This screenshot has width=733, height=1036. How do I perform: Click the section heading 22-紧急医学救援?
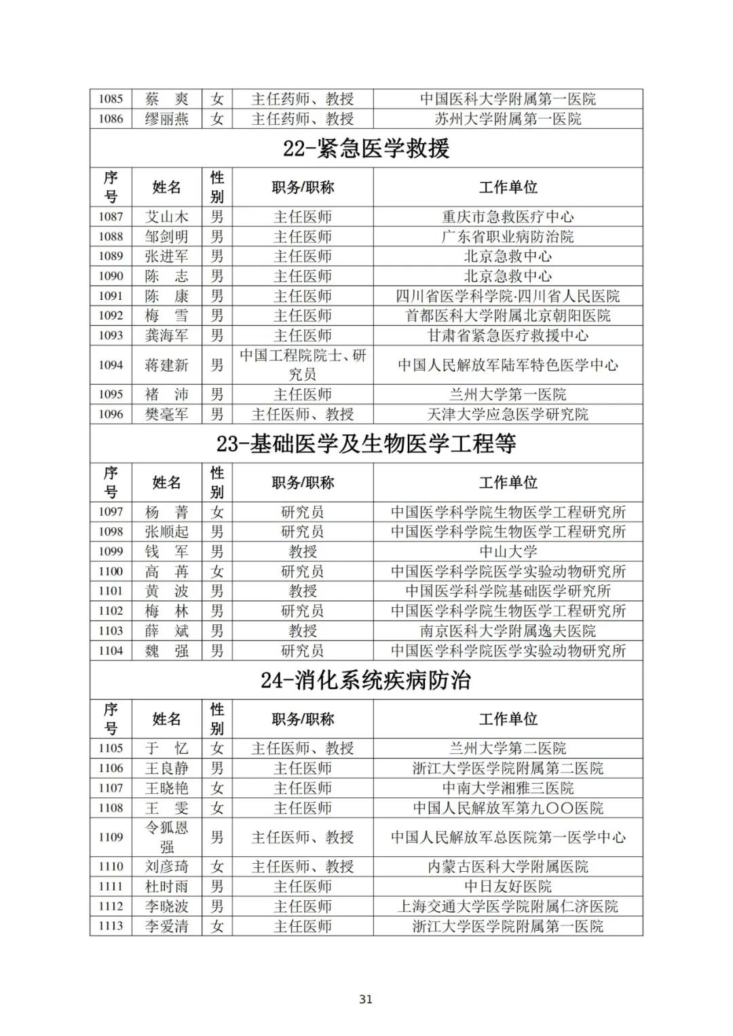click(x=366, y=149)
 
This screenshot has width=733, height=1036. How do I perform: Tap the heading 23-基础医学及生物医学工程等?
click(x=366, y=444)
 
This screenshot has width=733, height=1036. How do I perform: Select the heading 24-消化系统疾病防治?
click(x=366, y=680)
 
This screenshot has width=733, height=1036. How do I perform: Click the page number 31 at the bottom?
click(x=366, y=999)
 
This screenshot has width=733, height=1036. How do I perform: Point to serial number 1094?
click(x=111, y=365)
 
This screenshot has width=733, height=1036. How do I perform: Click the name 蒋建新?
click(x=166, y=365)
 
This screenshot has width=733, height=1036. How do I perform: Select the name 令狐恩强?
click(x=166, y=837)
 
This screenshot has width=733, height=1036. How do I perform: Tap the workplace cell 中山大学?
click(x=508, y=552)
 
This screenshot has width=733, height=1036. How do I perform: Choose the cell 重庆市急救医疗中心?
click(x=508, y=217)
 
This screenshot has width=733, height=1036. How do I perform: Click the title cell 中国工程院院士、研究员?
click(x=303, y=365)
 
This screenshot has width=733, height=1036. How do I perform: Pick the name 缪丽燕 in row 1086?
click(x=166, y=119)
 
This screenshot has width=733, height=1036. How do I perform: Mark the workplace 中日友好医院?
click(x=508, y=887)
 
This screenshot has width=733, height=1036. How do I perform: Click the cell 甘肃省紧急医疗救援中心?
click(x=508, y=336)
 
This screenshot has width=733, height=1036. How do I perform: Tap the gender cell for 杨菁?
click(x=217, y=512)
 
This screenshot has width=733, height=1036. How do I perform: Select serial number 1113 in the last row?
click(x=111, y=926)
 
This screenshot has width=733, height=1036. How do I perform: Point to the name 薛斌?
click(x=166, y=631)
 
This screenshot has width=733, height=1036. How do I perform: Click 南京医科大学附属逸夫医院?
click(x=508, y=631)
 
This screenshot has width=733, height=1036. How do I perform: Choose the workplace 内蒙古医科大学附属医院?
click(x=508, y=867)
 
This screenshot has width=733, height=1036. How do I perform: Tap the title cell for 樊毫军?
click(x=303, y=415)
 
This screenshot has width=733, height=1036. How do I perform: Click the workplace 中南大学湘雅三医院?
click(x=508, y=788)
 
